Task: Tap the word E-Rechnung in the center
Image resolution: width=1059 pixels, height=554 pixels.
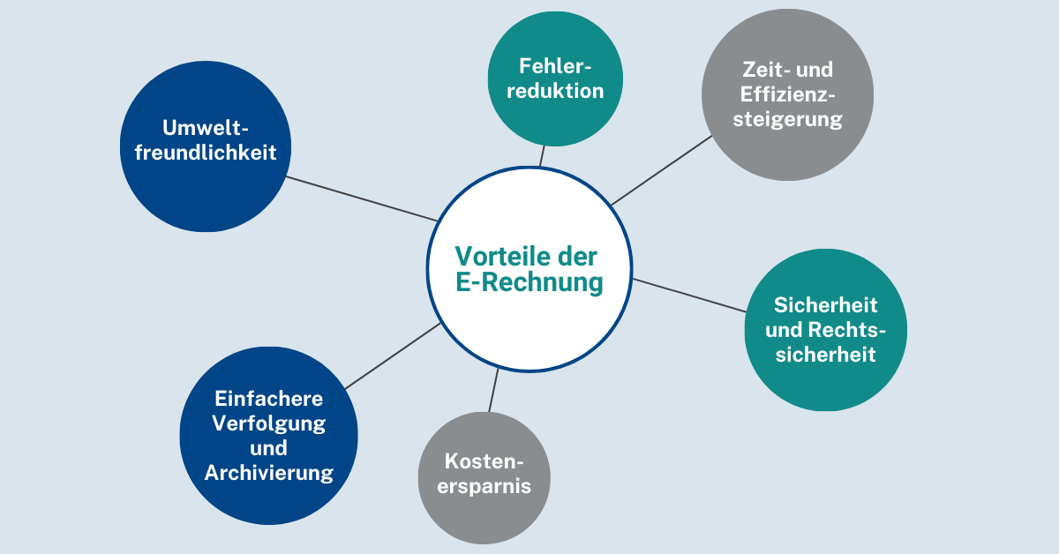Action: click(529, 283)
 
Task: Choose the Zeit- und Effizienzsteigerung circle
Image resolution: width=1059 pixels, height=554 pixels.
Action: click(787, 94)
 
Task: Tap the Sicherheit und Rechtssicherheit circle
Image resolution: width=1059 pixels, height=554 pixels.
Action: click(826, 329)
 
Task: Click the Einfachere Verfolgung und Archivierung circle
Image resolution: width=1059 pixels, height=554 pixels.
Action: click(269, 437)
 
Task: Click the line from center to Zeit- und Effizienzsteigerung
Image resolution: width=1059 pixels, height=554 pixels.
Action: click(662, 170)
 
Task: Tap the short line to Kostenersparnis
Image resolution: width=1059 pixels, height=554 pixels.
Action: click(493, 390)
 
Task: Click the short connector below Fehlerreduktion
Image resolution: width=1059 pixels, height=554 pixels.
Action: click(542, 156)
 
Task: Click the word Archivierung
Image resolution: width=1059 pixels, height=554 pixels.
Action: click(269, 473)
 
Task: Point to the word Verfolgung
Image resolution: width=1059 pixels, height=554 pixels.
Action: click(269, 423)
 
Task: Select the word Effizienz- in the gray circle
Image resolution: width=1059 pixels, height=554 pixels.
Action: click(787, 94)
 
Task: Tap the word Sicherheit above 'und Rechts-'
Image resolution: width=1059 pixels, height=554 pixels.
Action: click(826, 305)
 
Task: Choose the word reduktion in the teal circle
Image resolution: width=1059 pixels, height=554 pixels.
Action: click(555, 91)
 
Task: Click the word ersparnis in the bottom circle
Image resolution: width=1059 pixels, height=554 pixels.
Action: click(484, 485)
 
